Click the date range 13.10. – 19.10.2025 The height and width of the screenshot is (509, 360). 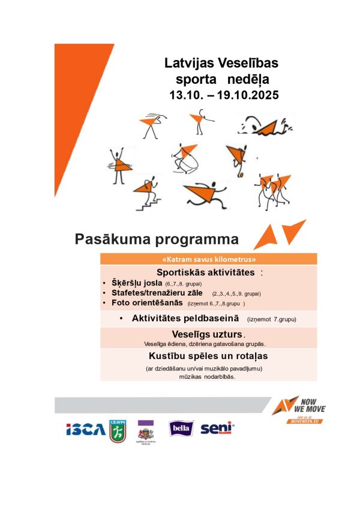click(x=224, y=95)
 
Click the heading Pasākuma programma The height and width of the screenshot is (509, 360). click(x=157, y=239)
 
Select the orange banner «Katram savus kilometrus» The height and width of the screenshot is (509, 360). click(x=209, y=260)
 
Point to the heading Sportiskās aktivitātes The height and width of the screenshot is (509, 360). click(x=204, y=273)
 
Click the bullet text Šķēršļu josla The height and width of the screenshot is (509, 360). click(x=137, y=283)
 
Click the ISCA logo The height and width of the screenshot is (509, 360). click(x=85, y=429)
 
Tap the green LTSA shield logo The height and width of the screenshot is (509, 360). click(x=118, y=430)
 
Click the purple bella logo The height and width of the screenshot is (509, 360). click(x=179, y=429)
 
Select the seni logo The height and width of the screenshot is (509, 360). click(x=216, y=429)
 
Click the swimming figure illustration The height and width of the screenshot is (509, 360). click(x=264, y=127)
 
